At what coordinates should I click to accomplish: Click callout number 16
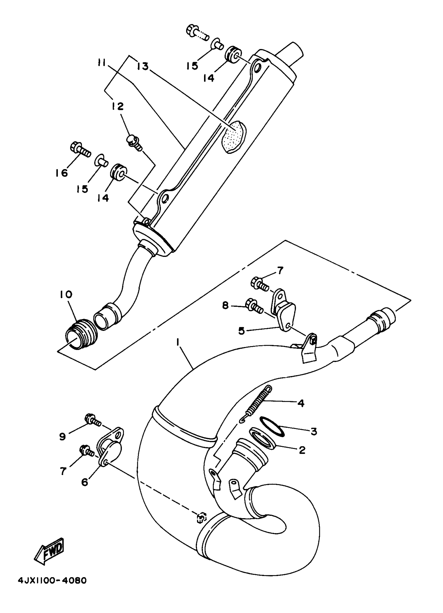pos(61,173)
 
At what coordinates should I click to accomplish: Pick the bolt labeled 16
pos(80,151)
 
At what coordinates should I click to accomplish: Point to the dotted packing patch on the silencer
pos(233,137)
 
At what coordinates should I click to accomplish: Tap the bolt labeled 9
pos(93,428)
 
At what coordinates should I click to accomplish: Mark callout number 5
pos(241,331)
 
